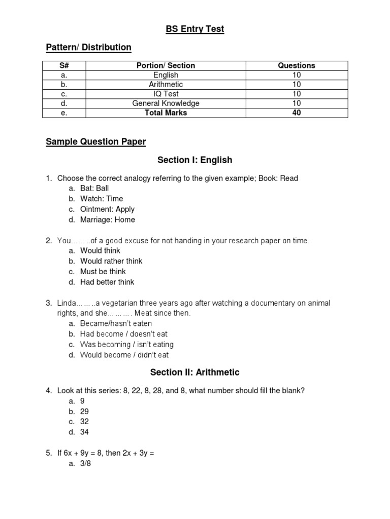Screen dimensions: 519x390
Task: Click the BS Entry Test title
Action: pos(195,29)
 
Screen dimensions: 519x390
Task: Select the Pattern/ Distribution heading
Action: pos(88,47)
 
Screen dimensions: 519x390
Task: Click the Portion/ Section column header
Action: pos(166,65)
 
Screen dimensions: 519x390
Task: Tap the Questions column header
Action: pos(297,65)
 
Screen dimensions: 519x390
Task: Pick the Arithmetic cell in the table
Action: pos(166,84)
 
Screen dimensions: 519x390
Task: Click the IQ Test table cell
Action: pos(166,94)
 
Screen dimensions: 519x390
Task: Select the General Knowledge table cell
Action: pos(166,103)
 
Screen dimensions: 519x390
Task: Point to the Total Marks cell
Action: pos(166,113)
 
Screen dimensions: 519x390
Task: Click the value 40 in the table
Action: pos(297,113)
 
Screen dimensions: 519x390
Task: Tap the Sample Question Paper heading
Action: pos(95,142)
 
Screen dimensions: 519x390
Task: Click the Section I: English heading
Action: pos(195,160)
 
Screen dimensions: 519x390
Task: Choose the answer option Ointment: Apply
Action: pos(107,209)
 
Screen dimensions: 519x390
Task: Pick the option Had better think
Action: pos(107,282)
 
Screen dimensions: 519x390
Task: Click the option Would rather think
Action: pos(111,261)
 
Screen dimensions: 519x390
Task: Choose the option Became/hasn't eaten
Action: pos(116,323)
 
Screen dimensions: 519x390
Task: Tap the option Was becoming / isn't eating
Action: pos(124,345)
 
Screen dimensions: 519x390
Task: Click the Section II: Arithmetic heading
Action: pos(195,373)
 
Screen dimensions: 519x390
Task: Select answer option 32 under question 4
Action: pos(85,422)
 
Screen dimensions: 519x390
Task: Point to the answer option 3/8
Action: pos(86,463)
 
